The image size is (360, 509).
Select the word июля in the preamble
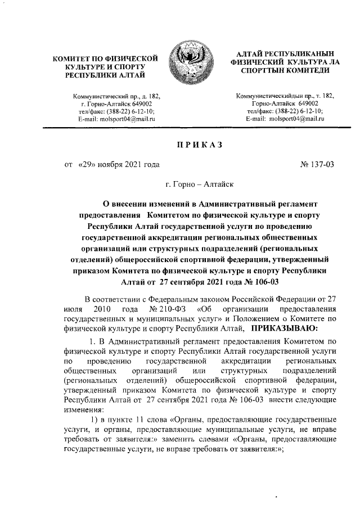coord(74,309)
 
